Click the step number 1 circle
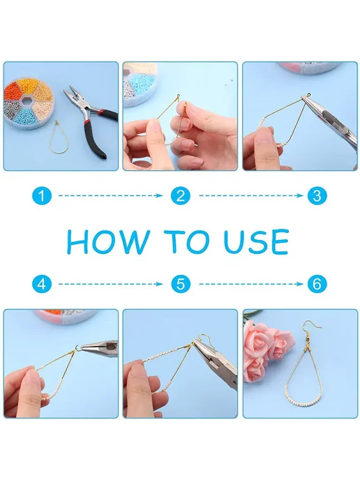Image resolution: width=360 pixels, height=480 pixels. (x=42, y=195)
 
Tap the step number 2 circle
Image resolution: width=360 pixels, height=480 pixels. (x=181, y=195)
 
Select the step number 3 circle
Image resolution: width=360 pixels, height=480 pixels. (x=317, y=195)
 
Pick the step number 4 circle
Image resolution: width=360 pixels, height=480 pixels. (x=42, y=284)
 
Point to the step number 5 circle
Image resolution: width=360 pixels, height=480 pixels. (x=181, y=284)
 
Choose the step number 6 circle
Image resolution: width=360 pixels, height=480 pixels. (x=317, y=284)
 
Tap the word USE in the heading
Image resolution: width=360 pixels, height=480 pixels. (x=257, y=241)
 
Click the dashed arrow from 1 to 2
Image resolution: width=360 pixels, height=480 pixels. (x=110, y=195)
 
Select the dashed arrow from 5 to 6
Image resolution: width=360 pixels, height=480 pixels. (x=251, y=284)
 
